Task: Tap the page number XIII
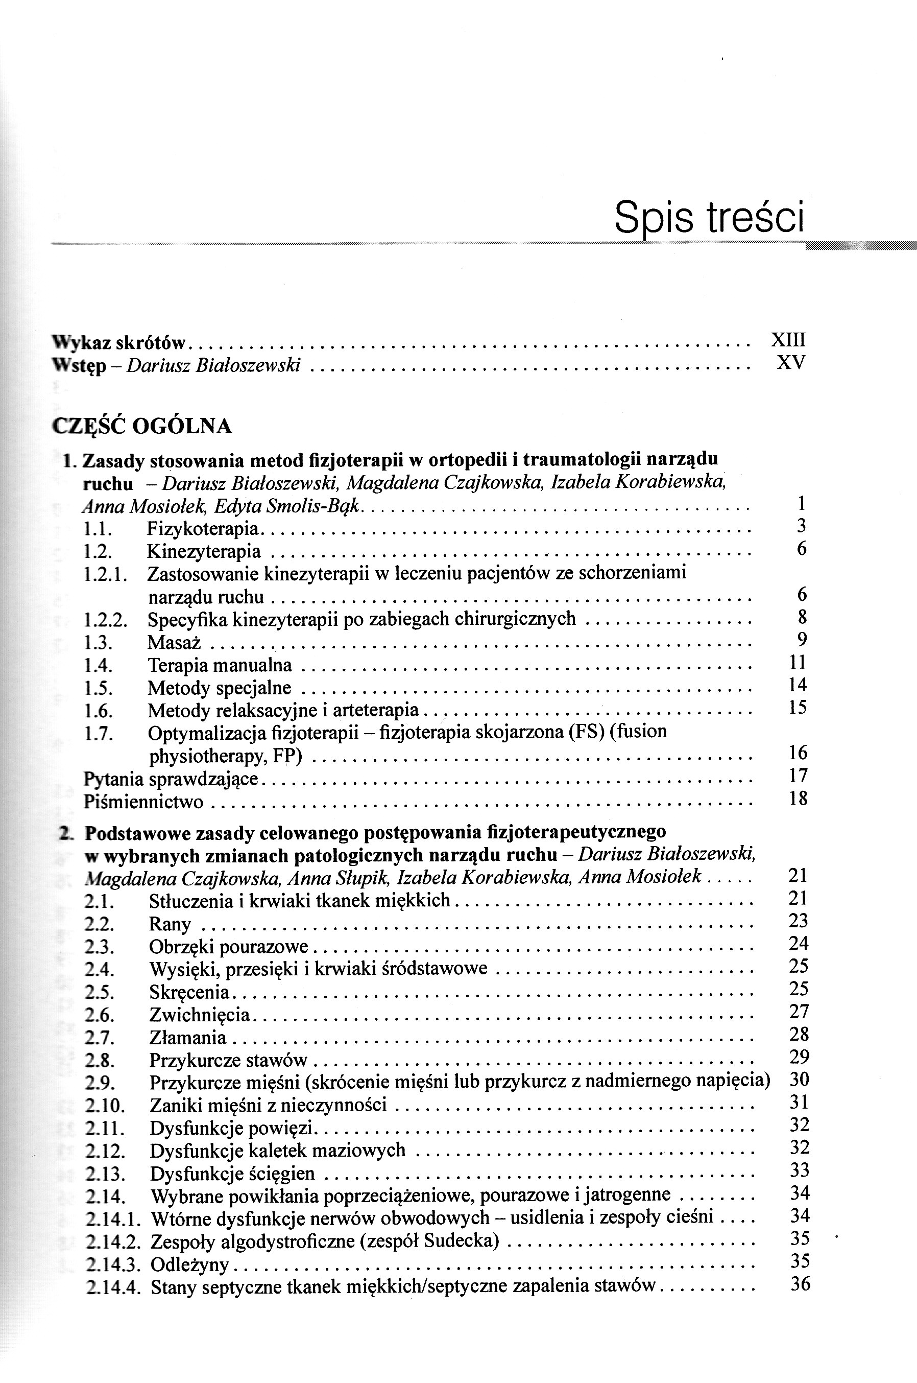tap(788, 340)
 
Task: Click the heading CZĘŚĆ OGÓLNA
tap(142, 426)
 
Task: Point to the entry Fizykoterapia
tap(202, 529)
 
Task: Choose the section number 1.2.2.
tap(105, 620)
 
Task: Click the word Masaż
tap(174, 642)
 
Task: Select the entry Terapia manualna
tap(220, 665)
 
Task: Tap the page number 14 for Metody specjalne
tap(797, 685)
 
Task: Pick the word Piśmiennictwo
tap(143, 802)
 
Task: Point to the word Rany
tap(170, 924)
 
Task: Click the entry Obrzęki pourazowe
tap(228, 947)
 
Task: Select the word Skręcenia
tap(189, 992)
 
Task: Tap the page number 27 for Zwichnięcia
tap(798, 1012)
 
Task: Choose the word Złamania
tap(187, 1038)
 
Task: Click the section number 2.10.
tap(105, 1106)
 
